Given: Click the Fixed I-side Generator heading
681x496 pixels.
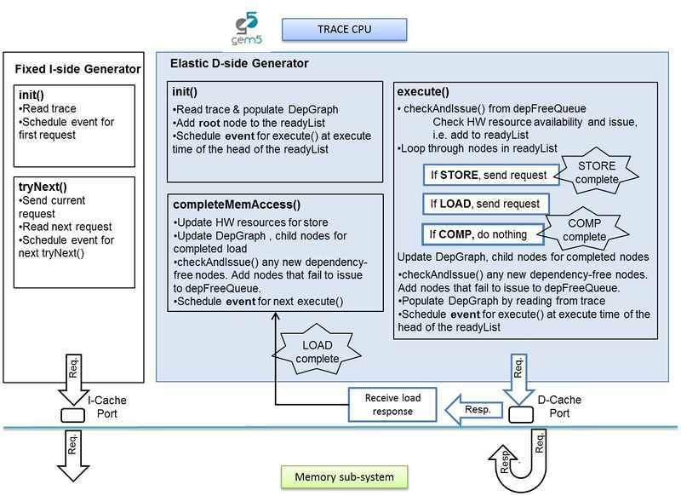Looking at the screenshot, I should click(77, 67).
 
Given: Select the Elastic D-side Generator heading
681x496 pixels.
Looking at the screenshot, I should click(239, 64).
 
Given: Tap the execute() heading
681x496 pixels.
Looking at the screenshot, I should click(422, 90).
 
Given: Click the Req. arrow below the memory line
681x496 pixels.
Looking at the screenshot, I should click(73, 452).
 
